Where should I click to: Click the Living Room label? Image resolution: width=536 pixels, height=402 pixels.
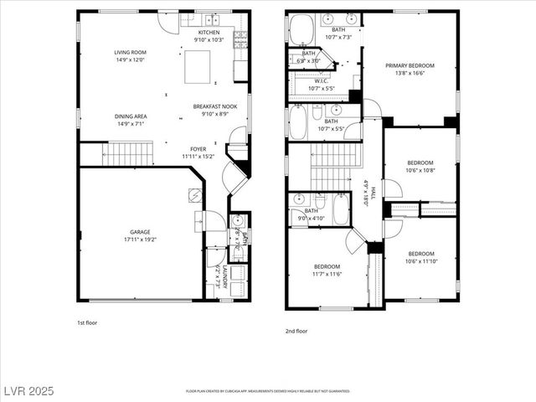130,52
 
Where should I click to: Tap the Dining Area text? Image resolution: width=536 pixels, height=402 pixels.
130,116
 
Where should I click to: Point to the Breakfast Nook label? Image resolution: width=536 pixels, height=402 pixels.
210,106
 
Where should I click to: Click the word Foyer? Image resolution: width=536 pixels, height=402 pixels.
198,149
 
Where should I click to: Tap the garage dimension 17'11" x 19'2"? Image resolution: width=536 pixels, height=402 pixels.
139,240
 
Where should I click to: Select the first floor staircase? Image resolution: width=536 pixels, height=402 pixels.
131,154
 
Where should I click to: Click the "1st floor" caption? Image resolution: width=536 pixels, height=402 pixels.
87,322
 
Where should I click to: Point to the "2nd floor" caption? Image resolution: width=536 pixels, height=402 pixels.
296,331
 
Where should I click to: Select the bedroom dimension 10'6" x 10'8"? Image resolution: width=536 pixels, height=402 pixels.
420,170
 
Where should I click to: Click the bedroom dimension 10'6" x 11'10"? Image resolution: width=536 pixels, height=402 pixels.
421,260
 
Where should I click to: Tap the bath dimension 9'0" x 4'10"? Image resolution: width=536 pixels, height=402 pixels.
311,218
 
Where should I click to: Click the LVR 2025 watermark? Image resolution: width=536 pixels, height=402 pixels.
28,391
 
